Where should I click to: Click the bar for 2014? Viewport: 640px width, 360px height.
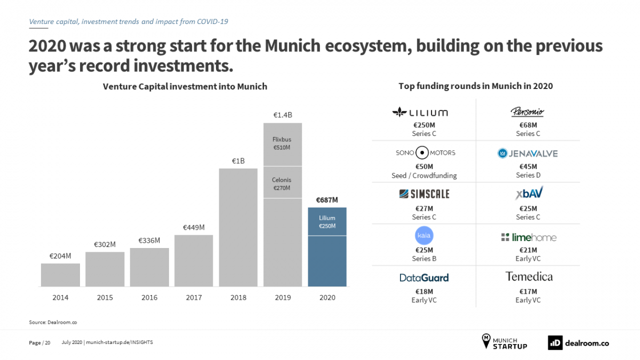click(60, 275)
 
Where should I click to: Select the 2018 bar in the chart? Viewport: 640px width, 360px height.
click(238, 227)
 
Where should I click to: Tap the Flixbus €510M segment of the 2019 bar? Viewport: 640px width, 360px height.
click(283, 144)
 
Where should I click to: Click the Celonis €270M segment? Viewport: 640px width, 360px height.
click(283, 183)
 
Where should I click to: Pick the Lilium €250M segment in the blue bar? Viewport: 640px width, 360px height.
click(327, 221)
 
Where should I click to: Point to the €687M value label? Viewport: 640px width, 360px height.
click(327, 200)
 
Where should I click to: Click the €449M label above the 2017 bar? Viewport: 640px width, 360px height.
click(194, 227)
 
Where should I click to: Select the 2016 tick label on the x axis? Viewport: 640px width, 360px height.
click(149, 298)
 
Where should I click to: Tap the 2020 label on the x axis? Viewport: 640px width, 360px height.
click(327, 298)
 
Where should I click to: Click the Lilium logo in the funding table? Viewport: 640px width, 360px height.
click(420, 113)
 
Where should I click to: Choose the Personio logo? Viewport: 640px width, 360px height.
click(527, 112)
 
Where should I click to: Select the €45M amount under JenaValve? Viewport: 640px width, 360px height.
click(527, 166)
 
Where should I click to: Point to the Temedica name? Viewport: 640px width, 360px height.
click(529, 277)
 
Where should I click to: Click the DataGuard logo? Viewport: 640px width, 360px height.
click(424, 278)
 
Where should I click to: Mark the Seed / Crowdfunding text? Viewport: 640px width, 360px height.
click(424, 175)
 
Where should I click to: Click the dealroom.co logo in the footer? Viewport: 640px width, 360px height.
click(578, 343)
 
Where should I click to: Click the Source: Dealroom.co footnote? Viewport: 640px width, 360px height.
click(49, 322)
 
